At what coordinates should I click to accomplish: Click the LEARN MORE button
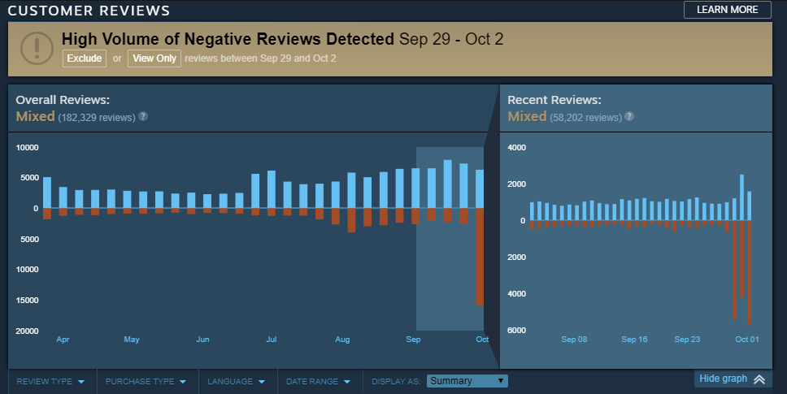point(727,10)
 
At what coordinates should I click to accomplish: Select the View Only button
point(154,58)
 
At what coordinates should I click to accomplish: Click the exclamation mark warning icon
point(36,46)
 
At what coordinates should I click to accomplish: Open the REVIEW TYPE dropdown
point(50,381)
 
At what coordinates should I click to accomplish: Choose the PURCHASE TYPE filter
point(146,381)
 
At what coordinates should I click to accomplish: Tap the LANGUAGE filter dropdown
point(236,381)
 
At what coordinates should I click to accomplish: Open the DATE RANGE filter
point(318,381)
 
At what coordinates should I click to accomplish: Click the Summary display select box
point(467,381)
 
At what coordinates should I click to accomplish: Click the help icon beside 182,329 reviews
point(143,116)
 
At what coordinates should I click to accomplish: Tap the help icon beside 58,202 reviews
point(629,116)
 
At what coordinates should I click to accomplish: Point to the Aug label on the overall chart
point(342,340)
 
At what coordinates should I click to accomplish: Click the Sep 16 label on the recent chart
point(634,340)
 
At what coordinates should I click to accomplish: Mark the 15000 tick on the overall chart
point(28,301)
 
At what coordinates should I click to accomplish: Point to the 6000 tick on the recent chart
point(517,330)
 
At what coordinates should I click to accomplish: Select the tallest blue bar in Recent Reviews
point(741,197)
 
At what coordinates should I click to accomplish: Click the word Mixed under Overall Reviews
point(35,116)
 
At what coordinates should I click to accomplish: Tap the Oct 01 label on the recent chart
point(746,340)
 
